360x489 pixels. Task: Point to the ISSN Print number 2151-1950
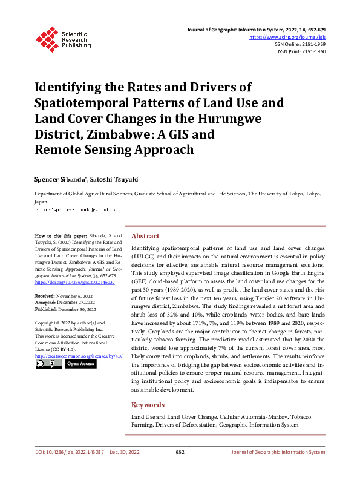pyautogui.click(x=312, y=52)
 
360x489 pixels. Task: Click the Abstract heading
pyautogui.click(x=145, y=236)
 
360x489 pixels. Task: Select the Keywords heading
pyautogui.click(x=148, y=405)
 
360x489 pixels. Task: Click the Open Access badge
pyautogui.click(x=81, y=364)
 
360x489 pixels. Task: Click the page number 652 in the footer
pyautogui.click(x=180, y=453)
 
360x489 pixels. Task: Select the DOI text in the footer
pyautogui.click(x=70, y=453)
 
